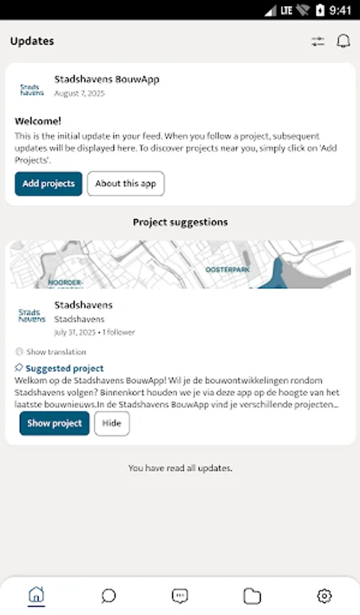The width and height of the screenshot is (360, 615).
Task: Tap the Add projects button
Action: pos(49,184)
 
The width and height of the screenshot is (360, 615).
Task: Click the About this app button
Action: pos(126,184)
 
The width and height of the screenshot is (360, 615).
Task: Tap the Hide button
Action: pos(111,424)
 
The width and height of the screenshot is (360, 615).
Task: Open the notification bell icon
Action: pos(343,41)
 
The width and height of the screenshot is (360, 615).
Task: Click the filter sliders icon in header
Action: pos(318,41)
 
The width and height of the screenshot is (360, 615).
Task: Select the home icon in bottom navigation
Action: pos(36,596)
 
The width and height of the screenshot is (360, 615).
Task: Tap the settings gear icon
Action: pos(324,596)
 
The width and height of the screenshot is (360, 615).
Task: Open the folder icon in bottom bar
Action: pos(252,596)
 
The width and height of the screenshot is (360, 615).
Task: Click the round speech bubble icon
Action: pos(109,596)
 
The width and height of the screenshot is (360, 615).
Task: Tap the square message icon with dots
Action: pos(180,596)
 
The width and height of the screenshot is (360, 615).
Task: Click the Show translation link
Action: pos(55,352)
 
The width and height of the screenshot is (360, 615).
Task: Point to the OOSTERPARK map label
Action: pos(227,269)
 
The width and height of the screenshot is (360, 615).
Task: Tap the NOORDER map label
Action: pos(66,282)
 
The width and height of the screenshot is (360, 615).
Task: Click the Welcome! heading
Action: pos(38,121)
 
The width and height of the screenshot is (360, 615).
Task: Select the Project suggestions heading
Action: pos(180,222)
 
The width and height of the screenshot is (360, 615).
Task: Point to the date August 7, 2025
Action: pos(77,92)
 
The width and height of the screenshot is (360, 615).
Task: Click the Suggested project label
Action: pos(64,368)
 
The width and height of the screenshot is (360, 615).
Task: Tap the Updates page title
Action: pos(32,41)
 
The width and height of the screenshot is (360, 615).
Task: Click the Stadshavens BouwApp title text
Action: pos(107,79)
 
